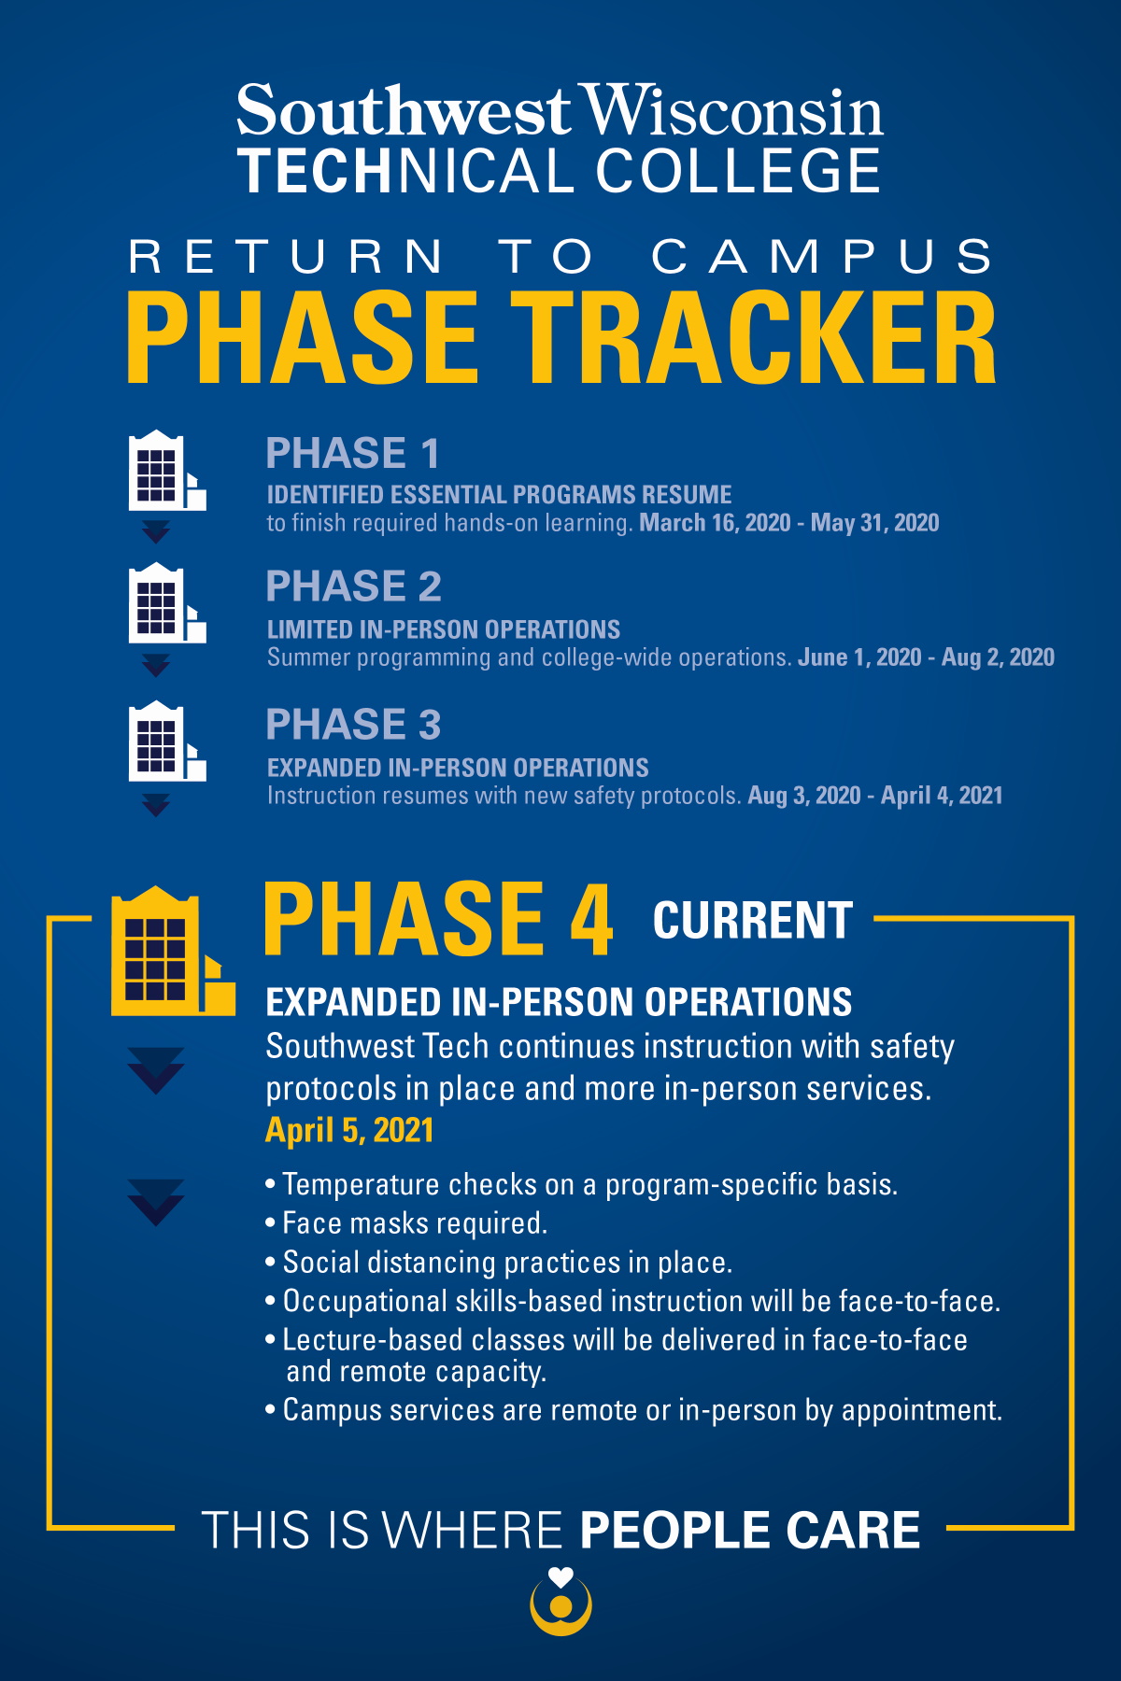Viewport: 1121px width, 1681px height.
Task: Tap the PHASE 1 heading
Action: (352, 454)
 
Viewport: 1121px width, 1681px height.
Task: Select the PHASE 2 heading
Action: (353, 586)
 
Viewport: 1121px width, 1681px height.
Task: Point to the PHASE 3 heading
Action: (353, 725)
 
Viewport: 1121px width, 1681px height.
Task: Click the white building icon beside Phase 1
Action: (166, 471)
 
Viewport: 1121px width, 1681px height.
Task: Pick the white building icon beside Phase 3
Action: (166, 741)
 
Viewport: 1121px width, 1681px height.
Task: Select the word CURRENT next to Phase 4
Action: (753, 921)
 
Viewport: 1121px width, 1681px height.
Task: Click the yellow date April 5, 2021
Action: (349, 1131)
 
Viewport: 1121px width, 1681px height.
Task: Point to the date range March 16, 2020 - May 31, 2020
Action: (789, 523)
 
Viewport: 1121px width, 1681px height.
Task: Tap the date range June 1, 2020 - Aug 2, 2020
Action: (926, 657)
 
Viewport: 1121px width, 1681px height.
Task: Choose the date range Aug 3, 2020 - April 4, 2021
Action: (875, 796)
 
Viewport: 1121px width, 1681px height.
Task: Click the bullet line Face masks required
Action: (406, 1223)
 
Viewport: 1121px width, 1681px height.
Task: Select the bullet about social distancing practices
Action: (499, 1263)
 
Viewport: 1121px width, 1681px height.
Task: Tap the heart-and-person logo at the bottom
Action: (560, 1601)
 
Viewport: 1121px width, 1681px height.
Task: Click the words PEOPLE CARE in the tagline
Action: (750, 1531)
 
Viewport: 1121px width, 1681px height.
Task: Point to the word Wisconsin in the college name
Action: (732, 111)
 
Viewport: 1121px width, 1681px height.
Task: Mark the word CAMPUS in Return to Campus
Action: (822, 257)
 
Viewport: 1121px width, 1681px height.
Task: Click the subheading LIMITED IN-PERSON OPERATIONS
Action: (444, 629)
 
